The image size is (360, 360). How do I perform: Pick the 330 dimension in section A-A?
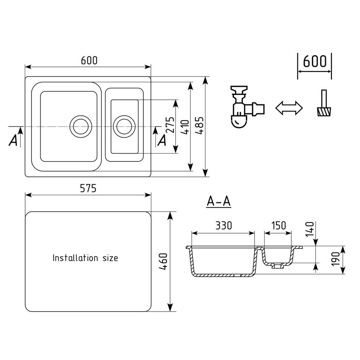click(x=223, y=226)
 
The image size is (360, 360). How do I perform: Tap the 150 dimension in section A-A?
click(x=278, y=226)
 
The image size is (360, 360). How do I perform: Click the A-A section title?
click(x=219, y=202)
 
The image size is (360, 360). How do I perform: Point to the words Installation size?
click(x=85, y=258)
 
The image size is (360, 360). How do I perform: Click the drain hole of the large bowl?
click(x=80, y=126)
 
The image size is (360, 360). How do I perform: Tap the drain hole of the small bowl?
click(x=124, y=126)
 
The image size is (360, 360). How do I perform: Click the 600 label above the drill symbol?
click(x=315, y=61)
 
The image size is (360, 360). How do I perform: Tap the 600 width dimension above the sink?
click(x=89, y=60)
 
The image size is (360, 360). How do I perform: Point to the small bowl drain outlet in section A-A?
click(x=277, y=266)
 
